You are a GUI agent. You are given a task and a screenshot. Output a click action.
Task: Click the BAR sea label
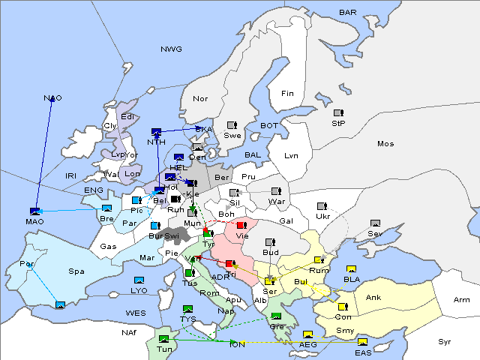[348, 12]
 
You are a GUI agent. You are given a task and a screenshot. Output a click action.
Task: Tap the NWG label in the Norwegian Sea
[171, 49]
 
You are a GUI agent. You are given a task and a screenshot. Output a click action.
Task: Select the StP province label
[338, 122]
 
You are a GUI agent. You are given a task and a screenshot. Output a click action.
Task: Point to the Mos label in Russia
[385, 143]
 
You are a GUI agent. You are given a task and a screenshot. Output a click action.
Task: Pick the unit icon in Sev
[375, 223]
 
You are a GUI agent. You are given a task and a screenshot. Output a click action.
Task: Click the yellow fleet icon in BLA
[351, 269]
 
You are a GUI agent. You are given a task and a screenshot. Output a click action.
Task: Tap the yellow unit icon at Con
[343, 307]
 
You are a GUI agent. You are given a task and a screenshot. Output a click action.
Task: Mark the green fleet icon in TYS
[187, 308]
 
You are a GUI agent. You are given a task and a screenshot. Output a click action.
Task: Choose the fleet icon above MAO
[34, 211]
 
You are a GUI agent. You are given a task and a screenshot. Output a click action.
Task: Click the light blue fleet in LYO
[139, 280]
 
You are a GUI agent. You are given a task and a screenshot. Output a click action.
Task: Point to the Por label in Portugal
[28, 264]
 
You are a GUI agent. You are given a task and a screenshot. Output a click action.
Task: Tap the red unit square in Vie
[241, 225]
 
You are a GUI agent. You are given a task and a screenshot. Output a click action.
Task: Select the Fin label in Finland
[287, 94]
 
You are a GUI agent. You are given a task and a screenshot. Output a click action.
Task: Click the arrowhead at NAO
[52, 100]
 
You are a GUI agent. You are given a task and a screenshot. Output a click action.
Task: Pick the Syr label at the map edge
[445, 341]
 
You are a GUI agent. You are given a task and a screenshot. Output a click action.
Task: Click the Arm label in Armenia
[462, 300]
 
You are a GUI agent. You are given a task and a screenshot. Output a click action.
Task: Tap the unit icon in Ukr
[322, 206]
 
